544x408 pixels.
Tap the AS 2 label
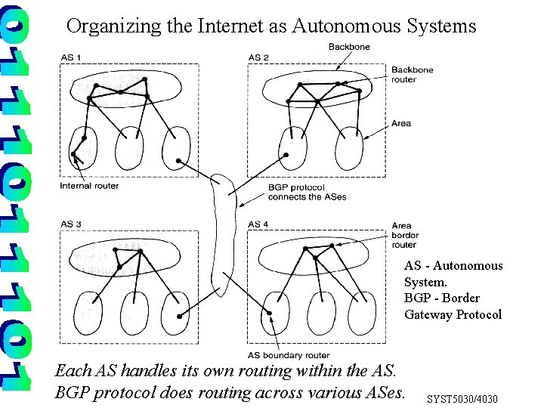pos(258,58)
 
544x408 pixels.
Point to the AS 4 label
pos(258,224)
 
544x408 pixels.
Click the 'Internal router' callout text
pos(89,186)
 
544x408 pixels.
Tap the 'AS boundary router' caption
pos(288,355)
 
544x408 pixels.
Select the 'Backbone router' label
pos(412,75)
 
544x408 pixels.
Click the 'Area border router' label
pos(404,234)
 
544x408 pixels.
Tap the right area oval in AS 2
pos(351,148)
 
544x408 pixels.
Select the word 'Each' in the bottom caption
pos(73,371)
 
